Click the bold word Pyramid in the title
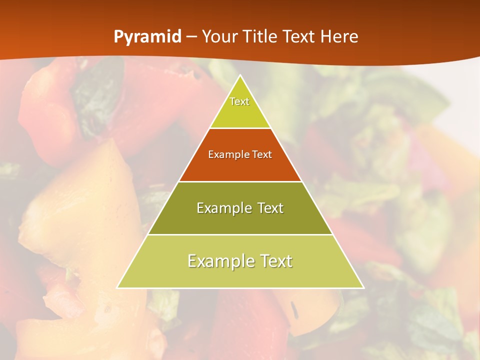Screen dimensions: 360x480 (147, 37)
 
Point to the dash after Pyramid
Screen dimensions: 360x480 (191, 37)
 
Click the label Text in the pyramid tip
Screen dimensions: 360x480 (239, 101)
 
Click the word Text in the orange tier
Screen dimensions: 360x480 (262, 154)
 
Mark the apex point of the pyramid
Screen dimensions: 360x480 (240, 75)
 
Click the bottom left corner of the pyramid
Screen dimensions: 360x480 (117, 287)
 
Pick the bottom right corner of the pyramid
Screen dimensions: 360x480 (363, 287)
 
